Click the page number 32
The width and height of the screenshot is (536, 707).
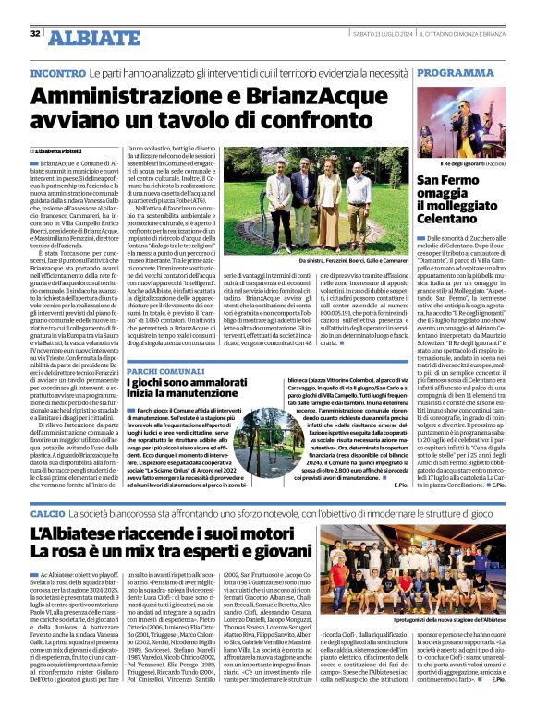[x=34, y=34]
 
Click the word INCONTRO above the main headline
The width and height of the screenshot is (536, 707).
[x=58, y=72]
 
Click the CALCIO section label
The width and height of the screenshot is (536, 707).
[x=48, y=511]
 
